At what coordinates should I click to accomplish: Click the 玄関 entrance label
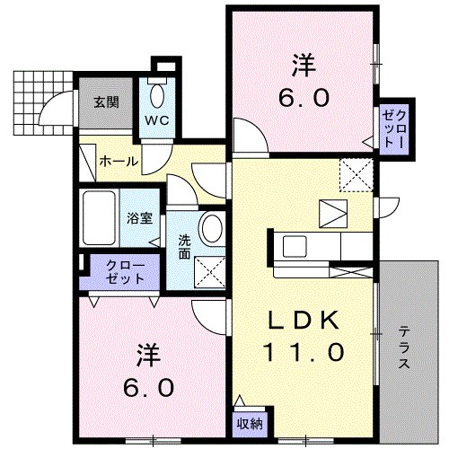tap(106, 102)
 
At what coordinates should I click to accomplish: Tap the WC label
tap(157, 120)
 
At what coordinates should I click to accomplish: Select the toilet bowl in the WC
tap(157, 95)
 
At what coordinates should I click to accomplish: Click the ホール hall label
tap(119, 162)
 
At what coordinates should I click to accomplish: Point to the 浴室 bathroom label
tap(139, 218)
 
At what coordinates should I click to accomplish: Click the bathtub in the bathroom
tap(99, 217)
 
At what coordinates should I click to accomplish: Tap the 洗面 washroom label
tap(184, 247)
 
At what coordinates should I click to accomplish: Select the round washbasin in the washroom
tap(212, 229)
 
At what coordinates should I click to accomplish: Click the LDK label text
tap(303, 320)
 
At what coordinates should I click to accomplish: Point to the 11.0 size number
tap(304, 352)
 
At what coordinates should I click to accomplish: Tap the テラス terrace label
tap(404, 348)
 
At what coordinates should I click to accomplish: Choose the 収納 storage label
tap(250, 424)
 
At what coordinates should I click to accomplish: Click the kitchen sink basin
tap(295, 246)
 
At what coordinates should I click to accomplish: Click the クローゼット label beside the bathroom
tap(126, 272)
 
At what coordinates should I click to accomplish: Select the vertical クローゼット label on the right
tap(394, 128)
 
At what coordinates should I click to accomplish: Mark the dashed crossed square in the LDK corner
tap(357, 175)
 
